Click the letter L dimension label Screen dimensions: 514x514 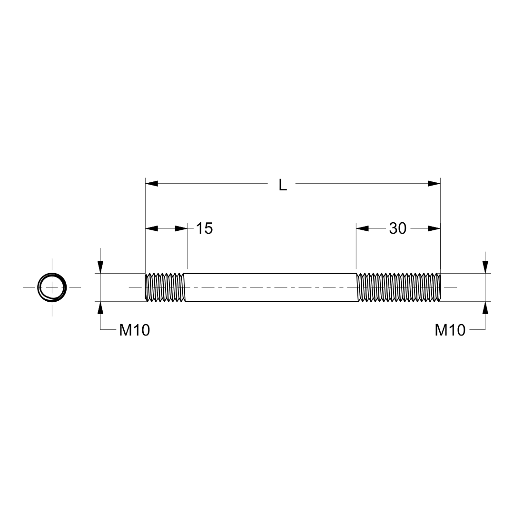pyautogui.click(x=283, y=185)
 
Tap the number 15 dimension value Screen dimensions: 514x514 pyautogui.click(x=204, y=228)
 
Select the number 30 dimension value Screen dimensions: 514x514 pyautogui.click(x=398, y=228)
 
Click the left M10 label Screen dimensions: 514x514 pyautogui.click(x=135, y=330)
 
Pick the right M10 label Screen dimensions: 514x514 pyautogui.click(x=450, y=330)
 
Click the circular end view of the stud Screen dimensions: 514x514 pyautogui.click(x=52, y=287)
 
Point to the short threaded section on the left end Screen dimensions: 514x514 pyautogui.click(x=165, y=287)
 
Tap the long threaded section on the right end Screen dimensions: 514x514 pyautogui.click(x=399, y=287)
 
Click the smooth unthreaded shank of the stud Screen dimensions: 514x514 pyautogui.click(x=270, y=287)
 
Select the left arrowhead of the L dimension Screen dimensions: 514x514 pyautogui.click(x=151, y=183)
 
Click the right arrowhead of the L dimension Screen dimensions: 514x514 pyautogui.click(x=435, y=183)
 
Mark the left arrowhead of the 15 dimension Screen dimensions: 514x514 pyautogui.click(x=151, y=228)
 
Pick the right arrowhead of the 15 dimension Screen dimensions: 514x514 pyautogui.click(x=181, y=228)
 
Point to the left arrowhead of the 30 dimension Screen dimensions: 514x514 pyautogui.click(x=363, y=228)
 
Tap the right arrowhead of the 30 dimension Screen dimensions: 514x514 pyautogui.click(x=434, y=228)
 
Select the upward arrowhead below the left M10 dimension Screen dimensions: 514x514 pyautogui.click(x=100, y=308)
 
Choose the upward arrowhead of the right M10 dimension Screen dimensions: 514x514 pyautogui.click(x=485, y=308)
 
